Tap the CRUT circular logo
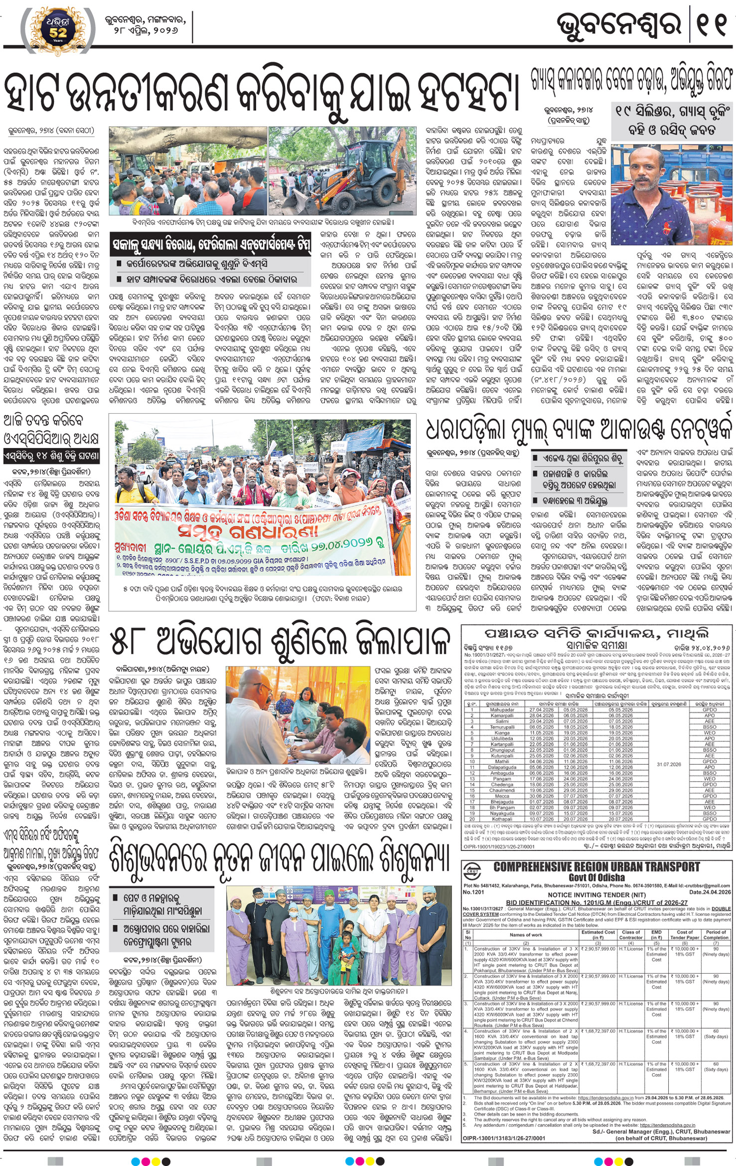point(472,870)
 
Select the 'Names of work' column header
point(526,935)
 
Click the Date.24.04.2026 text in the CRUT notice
point(710,892)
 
